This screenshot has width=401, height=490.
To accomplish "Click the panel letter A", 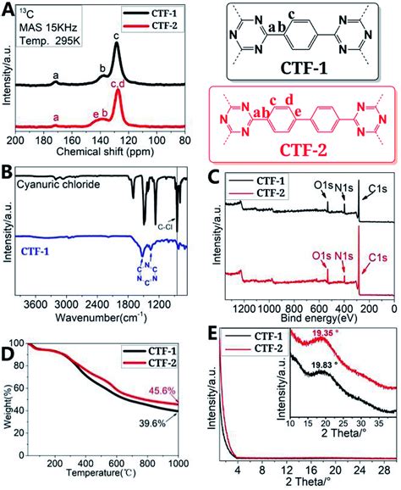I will point(8,8).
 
